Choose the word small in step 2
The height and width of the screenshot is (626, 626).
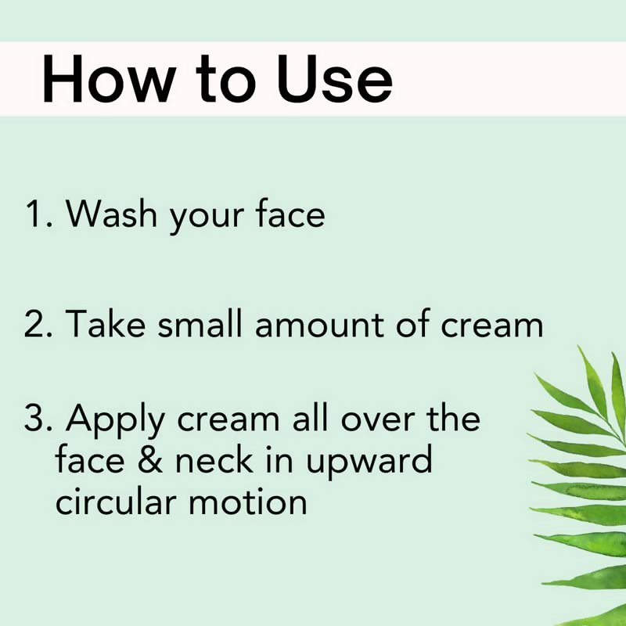(x=202, y=323)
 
